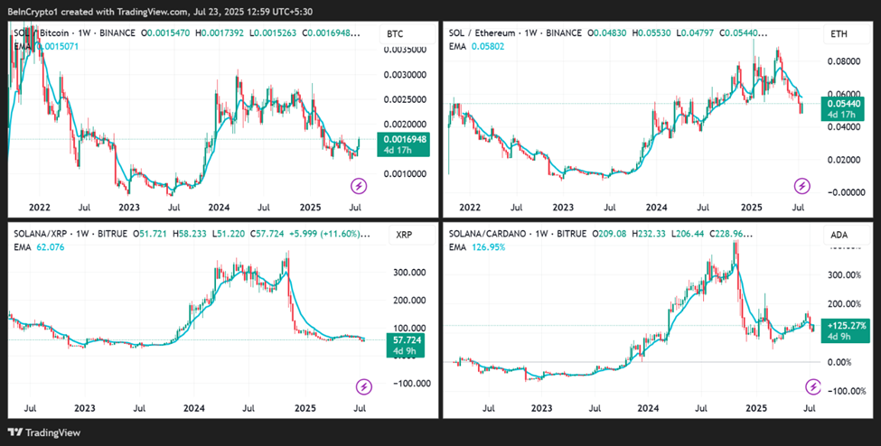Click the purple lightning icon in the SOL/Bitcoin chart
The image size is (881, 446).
(359, 187)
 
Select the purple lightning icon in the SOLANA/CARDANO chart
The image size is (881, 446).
(813, 387)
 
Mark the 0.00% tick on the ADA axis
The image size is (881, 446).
(840, 361)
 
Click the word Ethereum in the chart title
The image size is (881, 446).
(510, 33)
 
